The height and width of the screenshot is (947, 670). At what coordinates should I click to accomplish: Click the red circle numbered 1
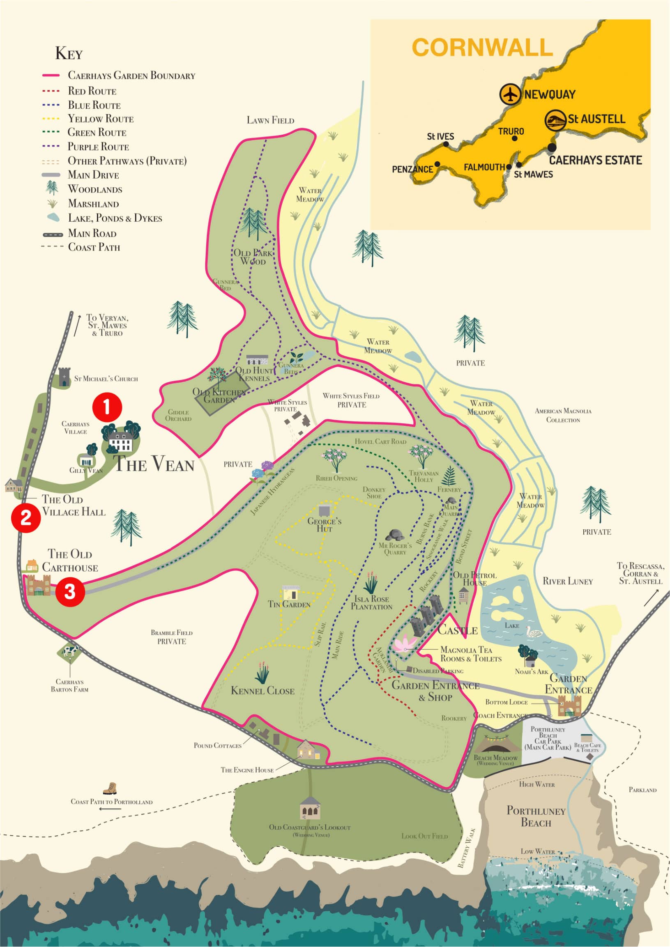[107, 407]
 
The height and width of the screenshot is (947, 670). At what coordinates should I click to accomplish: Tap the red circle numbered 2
[25, 517]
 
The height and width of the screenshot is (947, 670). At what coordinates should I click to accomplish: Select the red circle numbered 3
[70, 592]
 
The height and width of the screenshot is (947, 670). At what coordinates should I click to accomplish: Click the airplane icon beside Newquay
[511, 94]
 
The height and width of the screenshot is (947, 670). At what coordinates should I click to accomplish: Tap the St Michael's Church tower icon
[64, 377]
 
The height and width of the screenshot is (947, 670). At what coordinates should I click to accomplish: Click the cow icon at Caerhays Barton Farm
[70, 651]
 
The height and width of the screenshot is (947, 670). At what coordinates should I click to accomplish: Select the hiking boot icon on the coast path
[110, 788]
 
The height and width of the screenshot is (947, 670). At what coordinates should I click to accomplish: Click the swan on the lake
[533, 633]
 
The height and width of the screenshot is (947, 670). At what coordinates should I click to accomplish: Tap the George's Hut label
[324, 525]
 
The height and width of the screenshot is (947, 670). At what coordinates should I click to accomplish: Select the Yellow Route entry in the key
[100, 119]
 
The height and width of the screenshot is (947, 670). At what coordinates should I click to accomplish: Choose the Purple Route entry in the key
[98, 147]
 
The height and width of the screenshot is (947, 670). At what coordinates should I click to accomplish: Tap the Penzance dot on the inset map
[437, 164]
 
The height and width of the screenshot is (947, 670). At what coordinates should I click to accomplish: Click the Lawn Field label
[270, 120]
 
